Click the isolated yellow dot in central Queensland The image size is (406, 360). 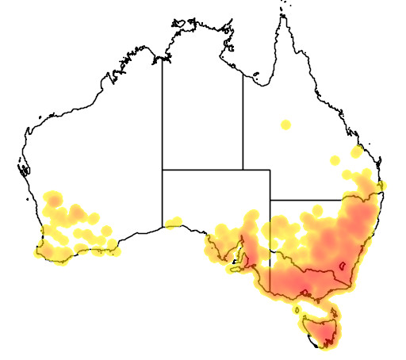tap(285, 124)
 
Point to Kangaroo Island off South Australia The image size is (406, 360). tap(235, 268)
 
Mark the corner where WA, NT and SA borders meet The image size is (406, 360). tap(163, 169)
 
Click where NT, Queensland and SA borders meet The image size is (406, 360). tap(243, 169)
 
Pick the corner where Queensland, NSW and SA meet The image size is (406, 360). tap(270, 200)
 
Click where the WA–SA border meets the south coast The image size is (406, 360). tap(163, 227)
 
